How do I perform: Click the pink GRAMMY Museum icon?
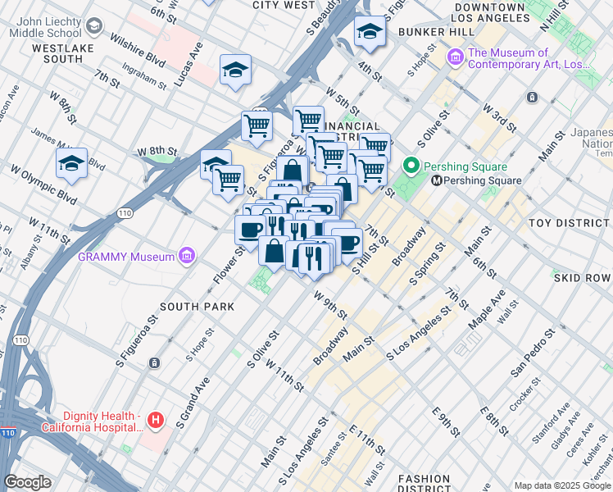point(186,257)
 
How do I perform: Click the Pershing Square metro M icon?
point(437,180)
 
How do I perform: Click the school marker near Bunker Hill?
point(370,32)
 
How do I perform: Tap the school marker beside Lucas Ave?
point(235,70)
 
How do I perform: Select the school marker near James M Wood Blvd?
point(71,162)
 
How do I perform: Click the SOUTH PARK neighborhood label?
point(197,307)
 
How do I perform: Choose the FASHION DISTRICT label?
point(424,484)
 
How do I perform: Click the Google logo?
point(28,482)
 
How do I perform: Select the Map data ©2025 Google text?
point(561,485)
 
